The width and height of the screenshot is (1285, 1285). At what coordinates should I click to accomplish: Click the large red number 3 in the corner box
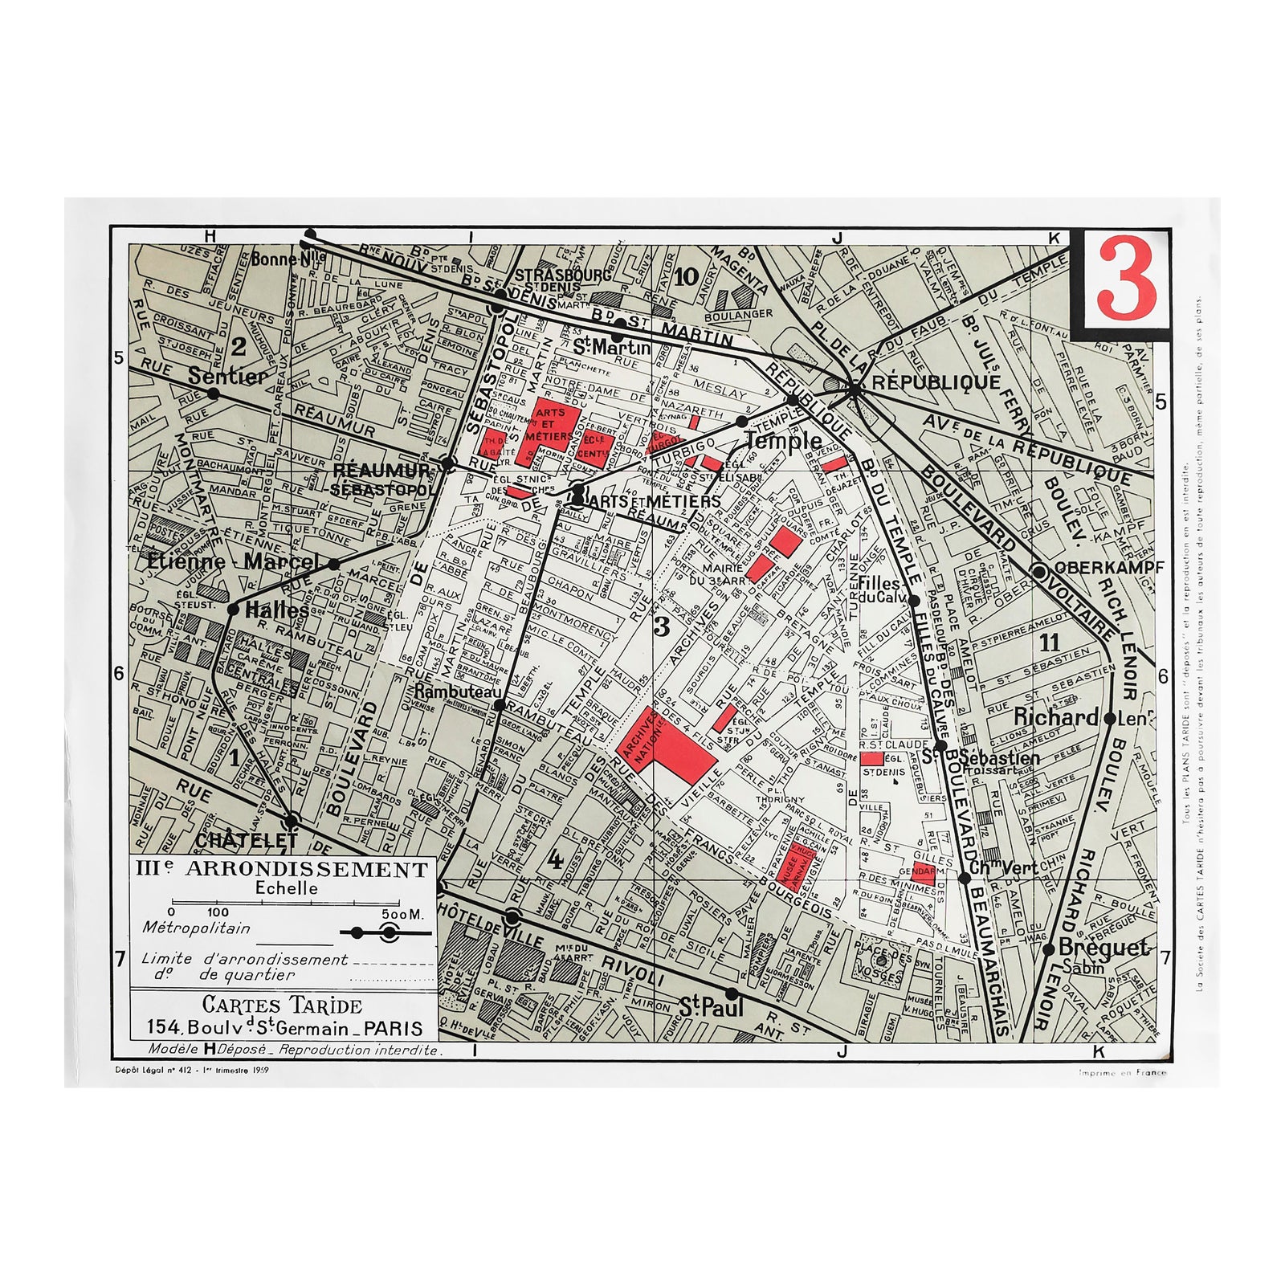pos(1126,278)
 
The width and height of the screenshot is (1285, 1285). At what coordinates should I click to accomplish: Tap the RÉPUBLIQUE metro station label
pos(936,382)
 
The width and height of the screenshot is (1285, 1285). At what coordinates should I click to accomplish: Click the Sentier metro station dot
pos(213,394)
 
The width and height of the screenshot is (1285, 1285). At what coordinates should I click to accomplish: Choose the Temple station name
pos(783,440)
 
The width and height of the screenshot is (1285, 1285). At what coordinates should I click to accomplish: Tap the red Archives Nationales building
pos(671,743)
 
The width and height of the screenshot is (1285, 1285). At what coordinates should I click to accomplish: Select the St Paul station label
pos(711,1007)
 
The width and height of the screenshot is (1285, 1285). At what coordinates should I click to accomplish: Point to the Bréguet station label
pos(1103,948)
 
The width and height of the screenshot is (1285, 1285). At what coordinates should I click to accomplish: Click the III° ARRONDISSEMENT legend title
pos(282,869)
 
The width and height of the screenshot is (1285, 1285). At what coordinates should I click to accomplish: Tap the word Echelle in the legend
pos(286,888)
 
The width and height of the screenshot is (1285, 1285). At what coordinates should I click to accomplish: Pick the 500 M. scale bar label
pos(402,914)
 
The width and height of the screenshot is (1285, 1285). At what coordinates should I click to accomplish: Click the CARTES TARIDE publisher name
pos(282,1005)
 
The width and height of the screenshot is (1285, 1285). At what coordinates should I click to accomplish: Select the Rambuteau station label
pos(458,691)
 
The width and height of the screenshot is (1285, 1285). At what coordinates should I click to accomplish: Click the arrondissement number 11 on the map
pos(1049,642)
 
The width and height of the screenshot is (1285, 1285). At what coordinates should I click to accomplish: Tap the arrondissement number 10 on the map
pos(686,278)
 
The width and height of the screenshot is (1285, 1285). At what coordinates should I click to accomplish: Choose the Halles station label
pos(276,610)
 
